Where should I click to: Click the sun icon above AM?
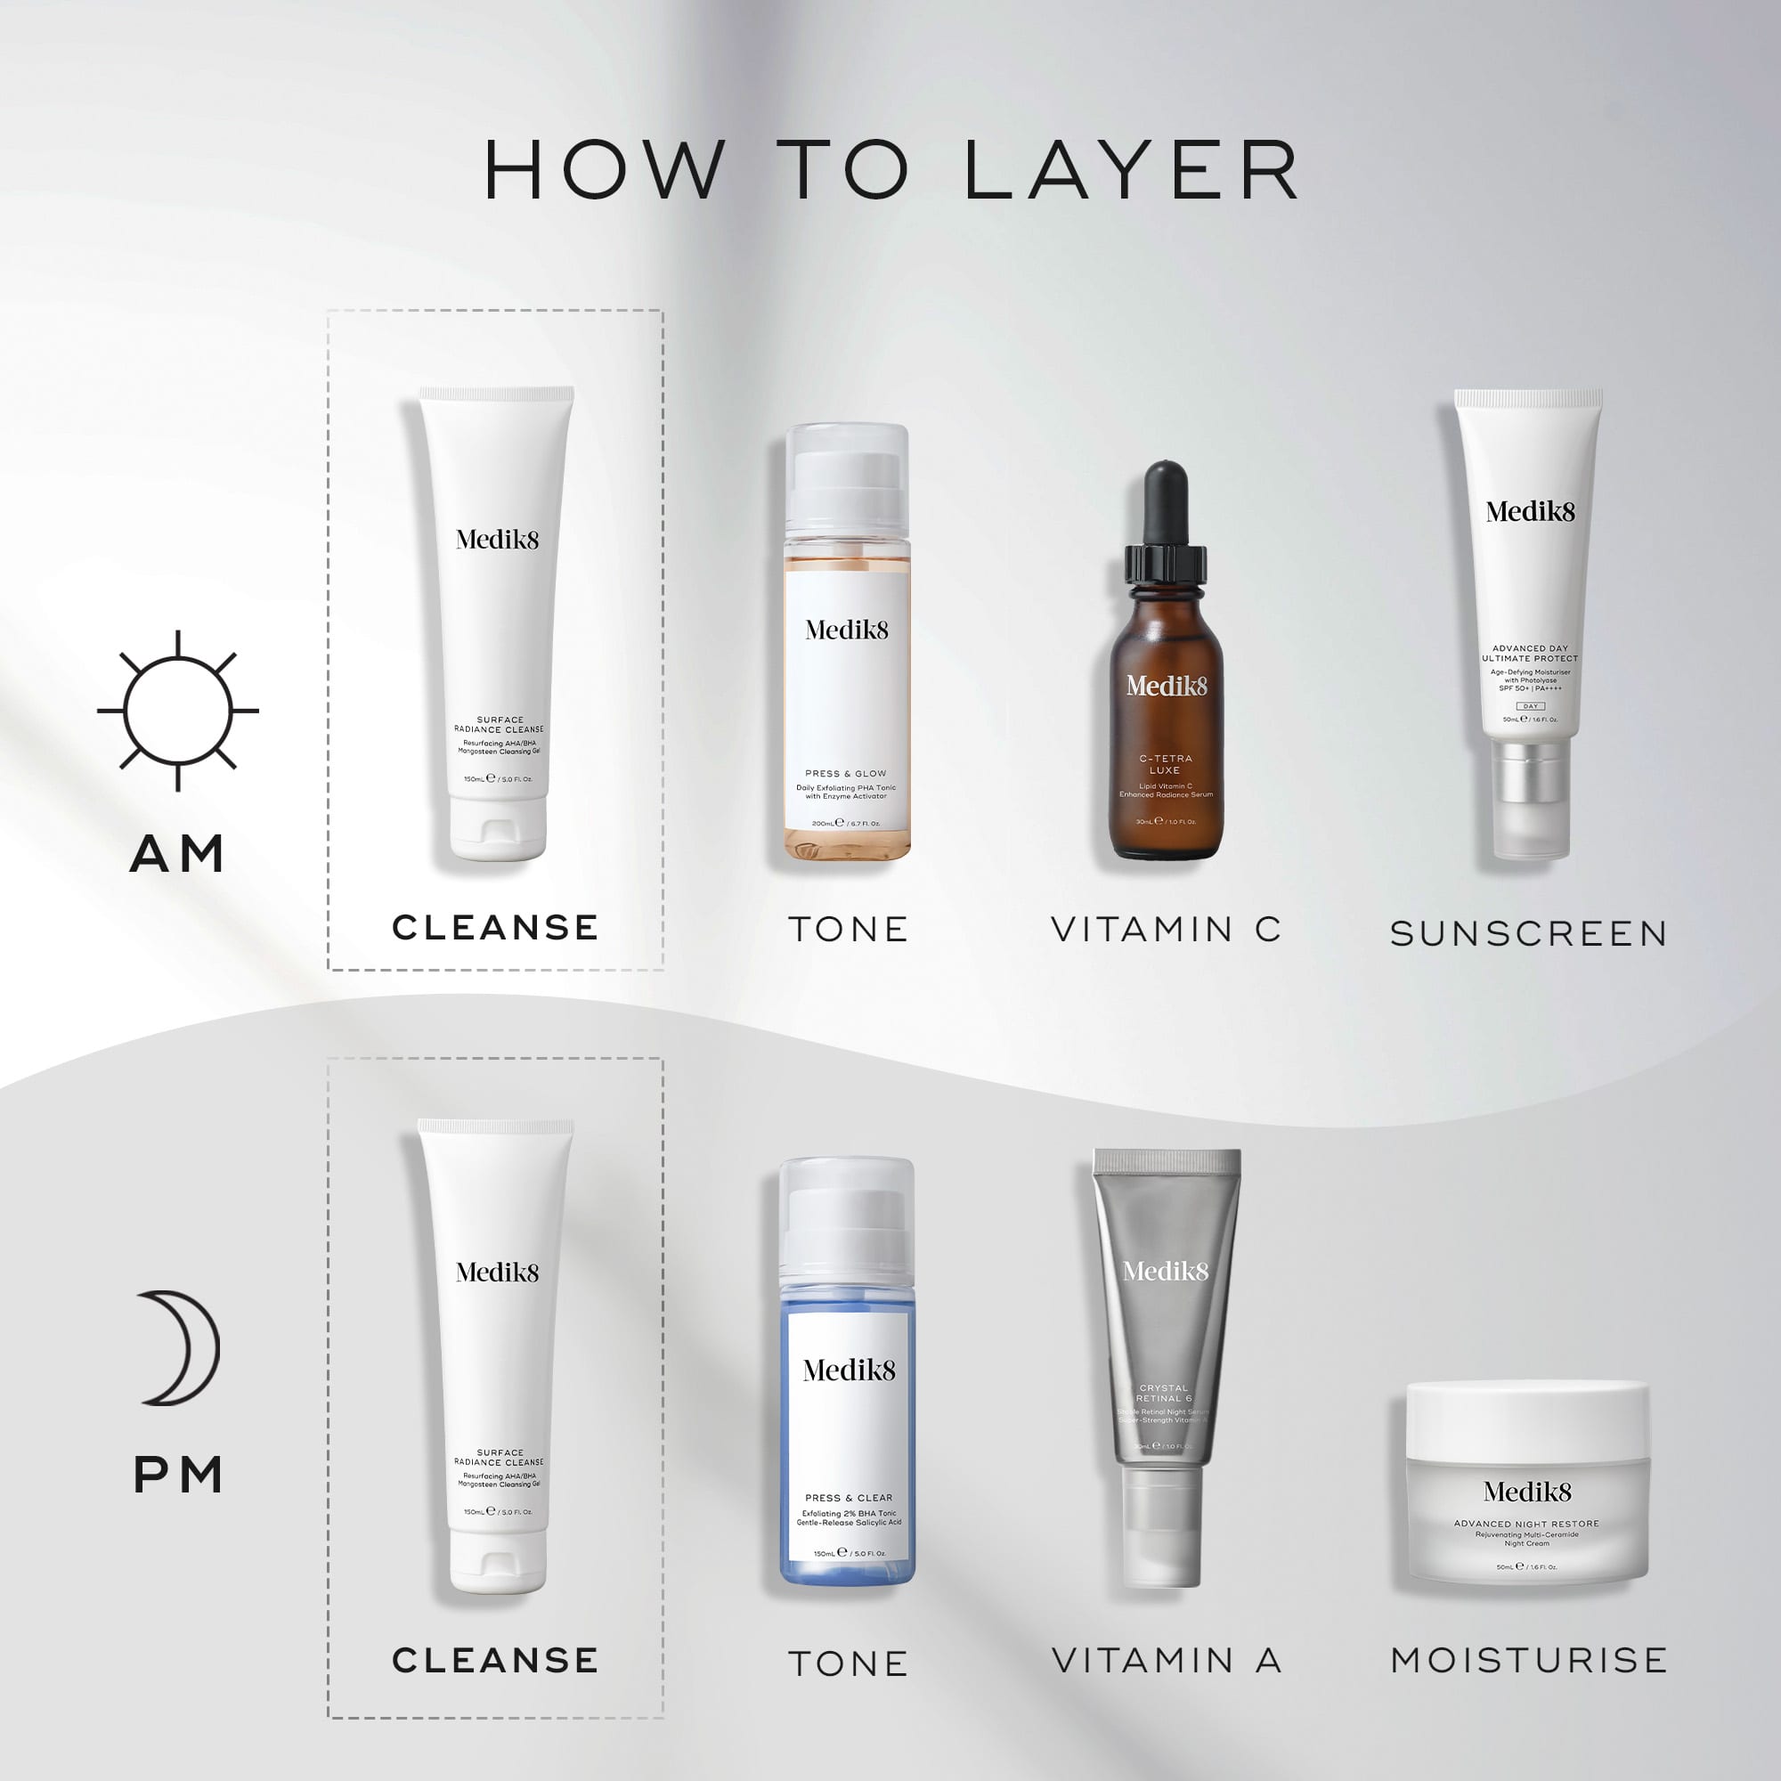[x=178, y=711]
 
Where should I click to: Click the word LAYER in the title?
[x=1132, y=171]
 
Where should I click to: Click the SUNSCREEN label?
[x=1528, y=934]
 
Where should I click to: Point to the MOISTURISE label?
[x=1528, y=1660]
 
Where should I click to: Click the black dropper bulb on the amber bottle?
[x=1165, y=502]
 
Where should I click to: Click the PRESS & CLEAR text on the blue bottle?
[x=848, y=1498]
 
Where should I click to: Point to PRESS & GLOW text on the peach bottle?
[x=845, y=774]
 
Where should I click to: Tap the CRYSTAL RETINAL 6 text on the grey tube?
[x=1164, y=1393]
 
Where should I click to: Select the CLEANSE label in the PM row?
[x=496, y=1660]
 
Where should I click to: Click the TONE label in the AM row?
[x=848, y=929]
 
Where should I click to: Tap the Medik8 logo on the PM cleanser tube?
[x=497, y=1273]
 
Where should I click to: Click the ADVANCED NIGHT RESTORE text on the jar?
[x=1526, y=1524]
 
